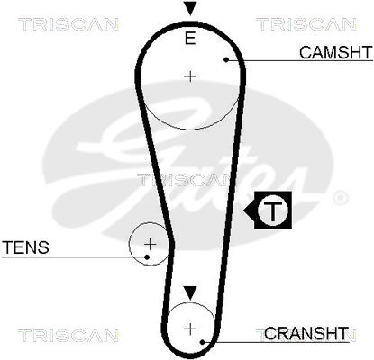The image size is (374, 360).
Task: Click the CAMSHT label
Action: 336,52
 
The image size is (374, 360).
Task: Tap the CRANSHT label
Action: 306,333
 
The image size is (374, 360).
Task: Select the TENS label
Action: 26,247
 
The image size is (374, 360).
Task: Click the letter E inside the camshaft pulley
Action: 190,39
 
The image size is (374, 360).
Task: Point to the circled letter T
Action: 273,210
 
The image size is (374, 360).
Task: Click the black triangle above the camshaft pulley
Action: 190,8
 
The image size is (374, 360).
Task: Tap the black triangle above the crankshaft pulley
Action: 190,292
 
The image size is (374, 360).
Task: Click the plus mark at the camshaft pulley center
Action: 190,76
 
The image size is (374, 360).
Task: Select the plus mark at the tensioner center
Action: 151,245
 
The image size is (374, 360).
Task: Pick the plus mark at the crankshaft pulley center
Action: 190,329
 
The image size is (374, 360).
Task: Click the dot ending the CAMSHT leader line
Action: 226,60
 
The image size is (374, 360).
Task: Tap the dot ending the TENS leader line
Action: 147,257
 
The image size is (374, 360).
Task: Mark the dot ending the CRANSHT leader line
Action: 203,342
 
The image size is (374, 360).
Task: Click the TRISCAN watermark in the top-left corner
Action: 68,24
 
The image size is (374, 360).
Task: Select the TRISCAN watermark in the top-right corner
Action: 306,24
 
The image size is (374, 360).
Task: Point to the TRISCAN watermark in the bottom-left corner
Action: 68,336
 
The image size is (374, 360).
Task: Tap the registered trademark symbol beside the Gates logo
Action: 341,198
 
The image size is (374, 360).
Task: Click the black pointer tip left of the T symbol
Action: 244,210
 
